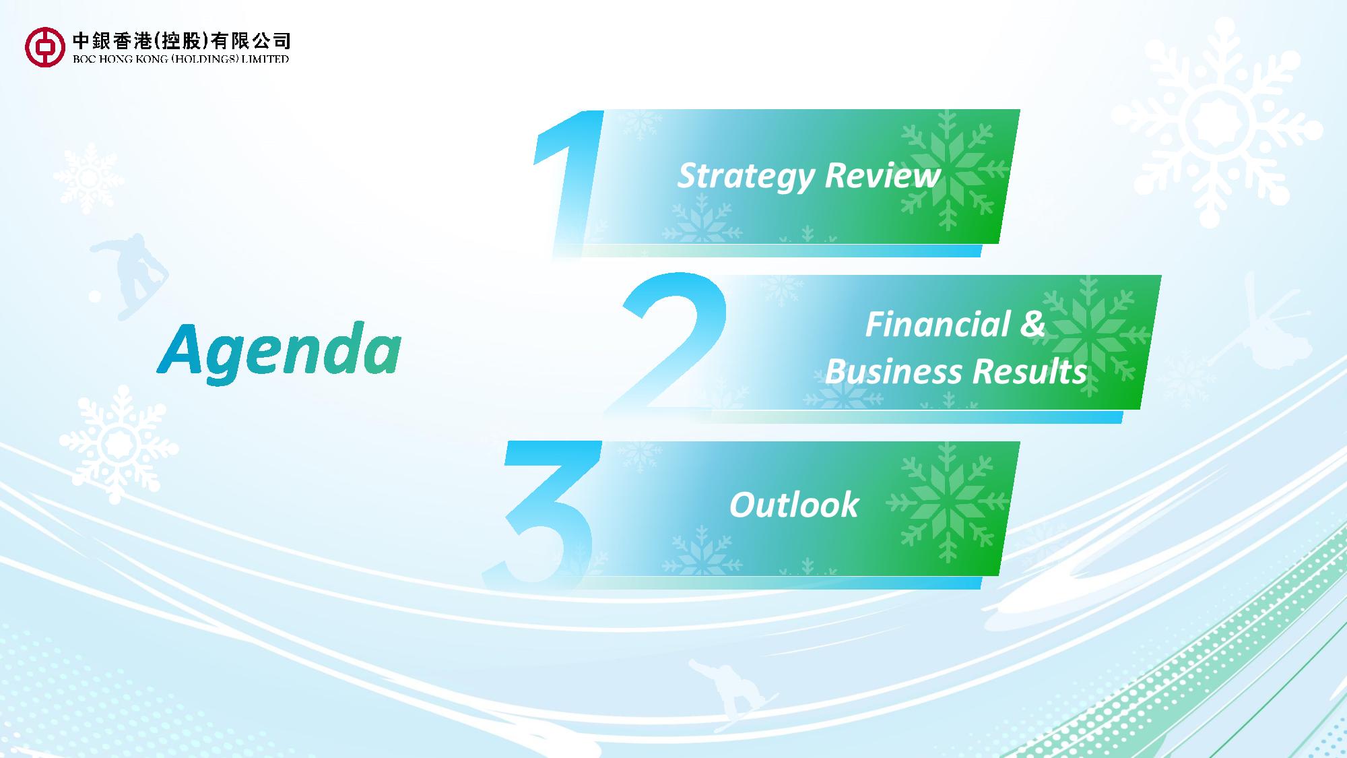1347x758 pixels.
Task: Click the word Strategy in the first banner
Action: click(746, 177)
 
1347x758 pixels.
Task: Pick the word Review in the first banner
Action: click(882, 175)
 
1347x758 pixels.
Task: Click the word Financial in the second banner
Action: click(937, 324)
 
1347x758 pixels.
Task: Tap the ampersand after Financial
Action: click(1032, 324)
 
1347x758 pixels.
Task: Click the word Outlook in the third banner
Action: click(793, 505)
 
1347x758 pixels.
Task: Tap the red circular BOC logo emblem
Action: click(45, 46)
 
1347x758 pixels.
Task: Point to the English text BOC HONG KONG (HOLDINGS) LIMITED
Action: click(180, 59)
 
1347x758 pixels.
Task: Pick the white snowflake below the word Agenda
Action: click(119, 444)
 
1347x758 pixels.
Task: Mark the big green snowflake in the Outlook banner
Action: click(948, 503)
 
